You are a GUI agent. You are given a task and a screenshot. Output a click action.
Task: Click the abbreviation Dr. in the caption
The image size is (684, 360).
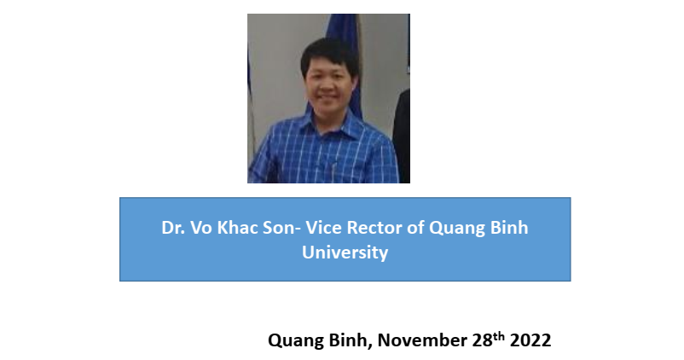click(x=172, y=228)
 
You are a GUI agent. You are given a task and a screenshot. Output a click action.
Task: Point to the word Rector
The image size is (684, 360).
click(x=374, y=228)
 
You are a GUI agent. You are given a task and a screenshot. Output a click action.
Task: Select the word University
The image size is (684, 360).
click(x=345, y=253)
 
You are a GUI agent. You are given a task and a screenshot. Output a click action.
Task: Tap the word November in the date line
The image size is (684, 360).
click(x=422, y=340)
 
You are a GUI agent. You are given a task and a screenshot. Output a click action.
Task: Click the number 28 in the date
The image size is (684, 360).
click(x=482, y=340)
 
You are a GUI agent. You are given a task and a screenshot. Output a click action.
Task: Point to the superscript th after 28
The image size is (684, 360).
click(x=499, y=336)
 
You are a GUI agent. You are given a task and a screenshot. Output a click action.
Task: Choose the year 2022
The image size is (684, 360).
click(x=530, y=340)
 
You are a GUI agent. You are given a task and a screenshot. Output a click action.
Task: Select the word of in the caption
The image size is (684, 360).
click(x=415, y=228)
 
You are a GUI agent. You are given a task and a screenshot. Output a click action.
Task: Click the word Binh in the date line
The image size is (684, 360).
click(x=351, y=340)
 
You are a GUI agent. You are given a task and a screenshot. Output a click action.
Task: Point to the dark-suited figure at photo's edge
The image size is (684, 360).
click(x=402, y=136)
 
